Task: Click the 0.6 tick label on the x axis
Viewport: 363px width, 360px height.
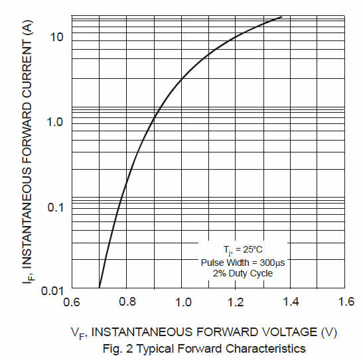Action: (x=72, y=303)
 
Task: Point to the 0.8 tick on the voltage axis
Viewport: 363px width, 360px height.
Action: (x=127, y=303)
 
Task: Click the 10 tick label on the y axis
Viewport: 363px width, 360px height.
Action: (x=56, y=36)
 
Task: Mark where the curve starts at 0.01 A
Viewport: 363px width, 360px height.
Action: (x=100, y=287)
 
